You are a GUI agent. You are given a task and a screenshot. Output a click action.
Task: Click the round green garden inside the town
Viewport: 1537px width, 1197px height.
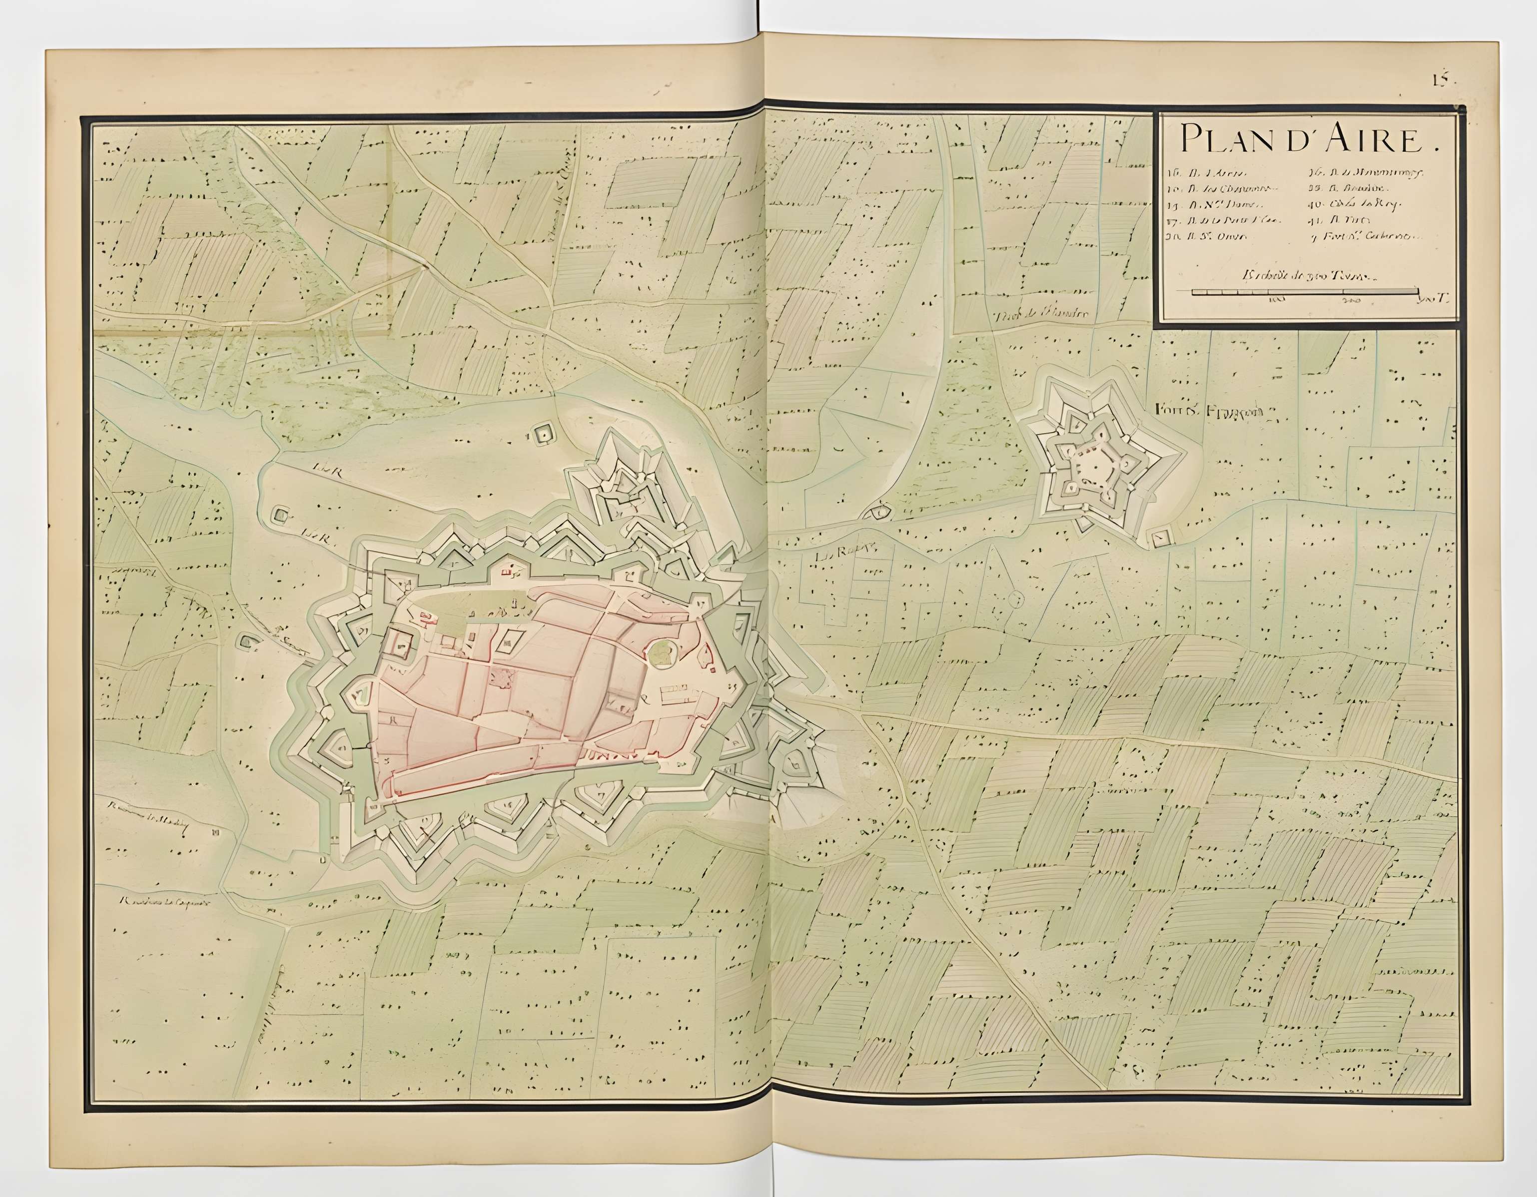[x=662, y=652]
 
